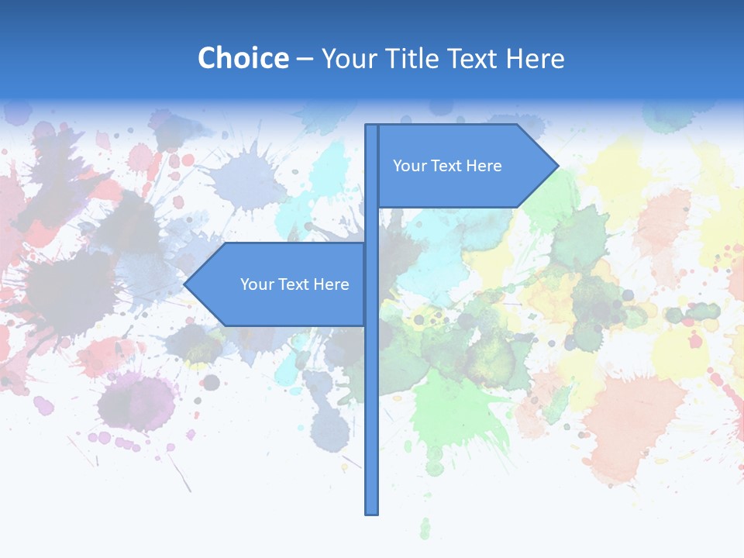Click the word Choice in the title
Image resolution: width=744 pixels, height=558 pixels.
coord(243,58)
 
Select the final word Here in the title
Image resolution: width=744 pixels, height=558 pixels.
coord(535,58)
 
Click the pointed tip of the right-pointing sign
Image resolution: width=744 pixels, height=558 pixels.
coord(557,166)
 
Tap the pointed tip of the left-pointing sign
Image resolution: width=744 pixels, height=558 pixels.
coord(185,284)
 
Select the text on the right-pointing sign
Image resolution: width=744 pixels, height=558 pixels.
coord(447,166)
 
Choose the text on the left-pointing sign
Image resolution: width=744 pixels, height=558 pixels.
coord(294,284)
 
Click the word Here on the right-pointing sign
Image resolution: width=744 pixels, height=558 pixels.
coord(483,166)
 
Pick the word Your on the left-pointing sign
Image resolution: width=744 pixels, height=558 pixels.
coord(257,284)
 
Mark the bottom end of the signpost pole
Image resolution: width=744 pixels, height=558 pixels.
coord(371,512)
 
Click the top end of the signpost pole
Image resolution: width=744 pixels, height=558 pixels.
coord(371,126)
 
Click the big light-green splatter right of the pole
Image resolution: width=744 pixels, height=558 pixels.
coord(449,411)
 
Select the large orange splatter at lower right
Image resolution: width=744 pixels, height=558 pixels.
coord(635,418)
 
